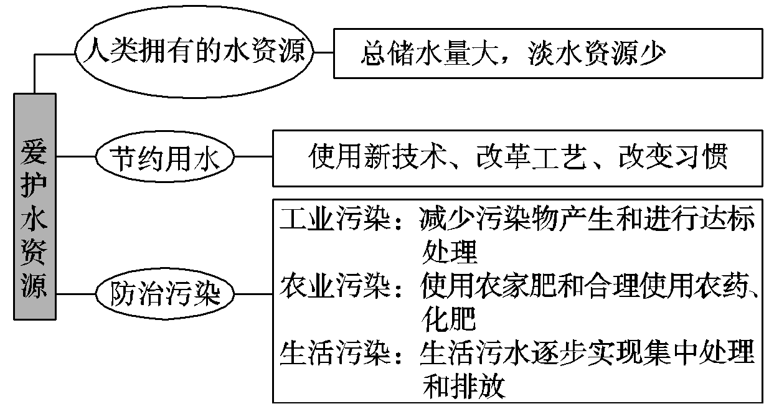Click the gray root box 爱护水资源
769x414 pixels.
pos(35,205)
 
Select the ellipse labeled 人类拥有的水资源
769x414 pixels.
pos(192,53)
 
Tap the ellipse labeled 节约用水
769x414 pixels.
pos(166,158)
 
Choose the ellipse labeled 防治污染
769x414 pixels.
pos(166,293)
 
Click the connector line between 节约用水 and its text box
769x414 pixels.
pos(254,158)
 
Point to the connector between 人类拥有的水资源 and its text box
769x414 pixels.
pos(323,53)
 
